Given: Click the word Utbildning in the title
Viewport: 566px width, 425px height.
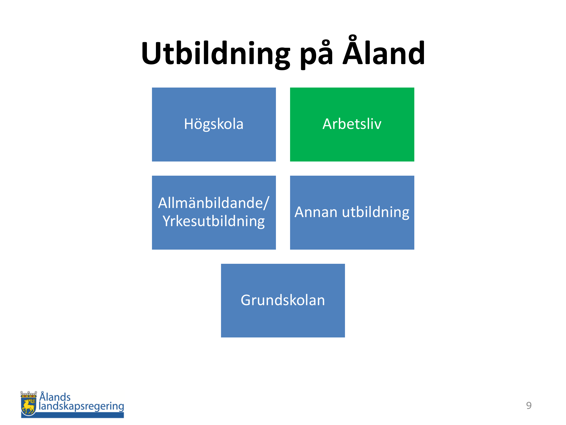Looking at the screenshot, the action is pos(216,54).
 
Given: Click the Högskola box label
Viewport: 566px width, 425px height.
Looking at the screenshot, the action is pos(214,124).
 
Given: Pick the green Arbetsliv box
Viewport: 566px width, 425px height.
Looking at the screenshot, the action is pos(352,124).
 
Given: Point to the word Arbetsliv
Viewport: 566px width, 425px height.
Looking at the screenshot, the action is pos(352,124).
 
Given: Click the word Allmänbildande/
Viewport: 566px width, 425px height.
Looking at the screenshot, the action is pos(214,203).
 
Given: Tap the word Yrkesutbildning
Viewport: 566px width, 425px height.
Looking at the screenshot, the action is pos(214,221).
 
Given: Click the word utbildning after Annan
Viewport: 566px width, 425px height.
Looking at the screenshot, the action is pos(376,212).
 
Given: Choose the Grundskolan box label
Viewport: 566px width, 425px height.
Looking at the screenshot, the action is pos(283,300).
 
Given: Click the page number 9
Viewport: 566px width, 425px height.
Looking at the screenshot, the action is pos(529,405).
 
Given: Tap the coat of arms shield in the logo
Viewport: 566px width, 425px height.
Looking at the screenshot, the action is pos(28,406).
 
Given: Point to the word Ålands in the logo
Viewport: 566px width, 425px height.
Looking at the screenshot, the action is pos(55,396).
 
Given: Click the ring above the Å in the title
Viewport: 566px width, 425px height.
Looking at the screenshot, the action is pos(352,39).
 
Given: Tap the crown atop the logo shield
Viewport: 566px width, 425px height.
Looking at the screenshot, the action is pos(29,394).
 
